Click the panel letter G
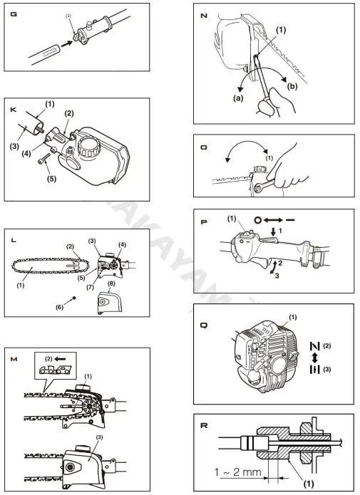(x=14, y=14)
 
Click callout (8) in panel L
(x=110, y=284)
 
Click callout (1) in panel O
(x=270, y=159)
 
